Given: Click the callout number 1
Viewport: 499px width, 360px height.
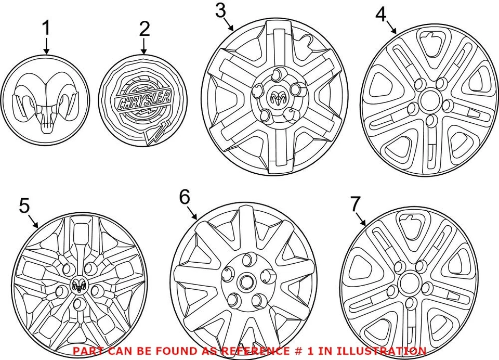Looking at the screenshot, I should (x=46, y=29).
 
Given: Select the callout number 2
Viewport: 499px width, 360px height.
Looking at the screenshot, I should (x=143, y=29).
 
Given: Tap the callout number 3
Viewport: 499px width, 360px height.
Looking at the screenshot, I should (x=221, y=10).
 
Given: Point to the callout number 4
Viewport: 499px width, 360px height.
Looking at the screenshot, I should (x=380, y=15).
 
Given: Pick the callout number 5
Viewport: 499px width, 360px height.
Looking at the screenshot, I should (x=24, y=206).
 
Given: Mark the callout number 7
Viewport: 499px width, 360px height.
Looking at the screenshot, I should (x=355, y=204).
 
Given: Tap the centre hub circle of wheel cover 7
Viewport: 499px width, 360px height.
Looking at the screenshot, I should (x=409, y=286).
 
